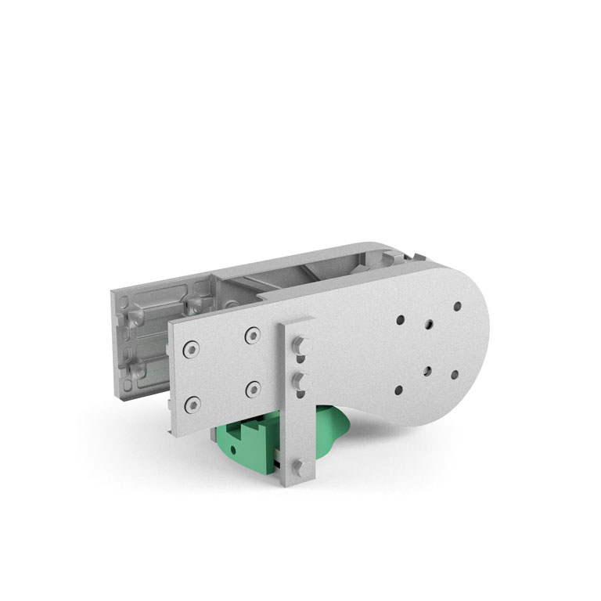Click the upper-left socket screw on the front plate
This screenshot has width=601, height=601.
click(190, 348)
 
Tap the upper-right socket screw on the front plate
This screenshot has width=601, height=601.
click(252, 336)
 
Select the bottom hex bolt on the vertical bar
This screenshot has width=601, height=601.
click(299, 469)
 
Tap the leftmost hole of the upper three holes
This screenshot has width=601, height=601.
click(401, 320)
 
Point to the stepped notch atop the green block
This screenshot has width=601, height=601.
click(251, 427)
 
